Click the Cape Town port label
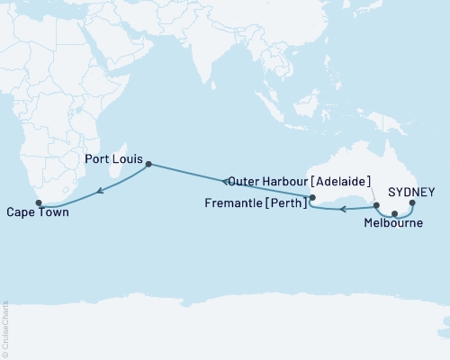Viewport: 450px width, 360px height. click(x=35, y=214)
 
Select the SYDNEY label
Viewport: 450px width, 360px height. click(x=414, y=192)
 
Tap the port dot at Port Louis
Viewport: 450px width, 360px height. click(x=148, y=165)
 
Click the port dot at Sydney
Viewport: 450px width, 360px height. click(x=412, y=203)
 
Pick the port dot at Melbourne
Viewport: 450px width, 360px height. click(x=394, y=213)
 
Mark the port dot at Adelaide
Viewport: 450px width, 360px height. click(x=376, y=206)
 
